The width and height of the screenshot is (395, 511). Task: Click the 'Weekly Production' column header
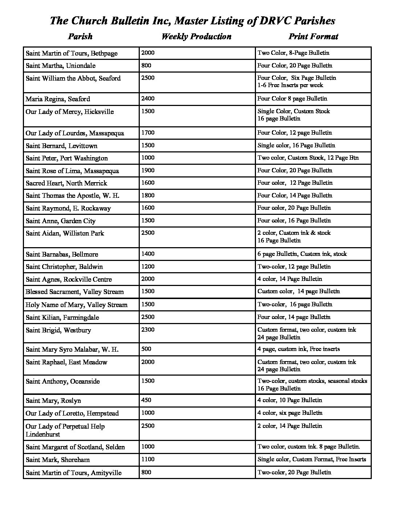pos(196,36)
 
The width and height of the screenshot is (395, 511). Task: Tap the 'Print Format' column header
pos(313,36)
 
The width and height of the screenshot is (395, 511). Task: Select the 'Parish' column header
pos(80,36)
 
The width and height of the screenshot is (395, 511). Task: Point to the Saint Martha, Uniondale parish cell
pos(61,66)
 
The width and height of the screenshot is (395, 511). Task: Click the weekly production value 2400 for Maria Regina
pos(148,98)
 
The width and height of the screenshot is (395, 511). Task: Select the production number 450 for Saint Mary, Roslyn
pos(146,400)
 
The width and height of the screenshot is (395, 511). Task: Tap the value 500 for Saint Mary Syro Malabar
pos(146,349)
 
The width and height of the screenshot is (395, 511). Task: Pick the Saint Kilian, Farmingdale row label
pos(62,318)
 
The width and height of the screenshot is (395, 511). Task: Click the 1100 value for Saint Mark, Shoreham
pos(148,459)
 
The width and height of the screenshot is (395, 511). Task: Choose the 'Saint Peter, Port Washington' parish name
pos(67,158)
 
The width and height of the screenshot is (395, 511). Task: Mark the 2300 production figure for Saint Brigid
pos(148,330)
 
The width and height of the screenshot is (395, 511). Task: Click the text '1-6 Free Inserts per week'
pos(290,85)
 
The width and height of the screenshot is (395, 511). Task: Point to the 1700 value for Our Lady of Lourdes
pos(148,132)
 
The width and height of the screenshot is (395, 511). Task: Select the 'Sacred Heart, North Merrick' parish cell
pos(66,183)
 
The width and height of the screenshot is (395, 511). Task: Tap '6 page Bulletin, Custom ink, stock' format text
pos(302,254)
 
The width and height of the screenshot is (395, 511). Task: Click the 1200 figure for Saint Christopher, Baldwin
pos(148,266)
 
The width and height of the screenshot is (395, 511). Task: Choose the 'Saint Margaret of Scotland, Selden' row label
pos(75,447)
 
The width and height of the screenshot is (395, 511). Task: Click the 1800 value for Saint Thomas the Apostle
pos(148,195)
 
